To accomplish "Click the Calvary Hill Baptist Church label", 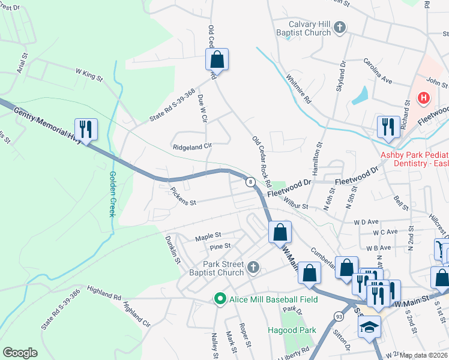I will (305, 28).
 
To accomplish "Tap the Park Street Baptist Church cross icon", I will (253, 267).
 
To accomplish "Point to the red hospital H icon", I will (424, 98).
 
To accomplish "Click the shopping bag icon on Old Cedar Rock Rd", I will (217, 59).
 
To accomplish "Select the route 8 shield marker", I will (249, 181).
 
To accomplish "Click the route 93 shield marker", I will (339, 315).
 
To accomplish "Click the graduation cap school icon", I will (369, 326).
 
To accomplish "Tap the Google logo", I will (20, 352).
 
